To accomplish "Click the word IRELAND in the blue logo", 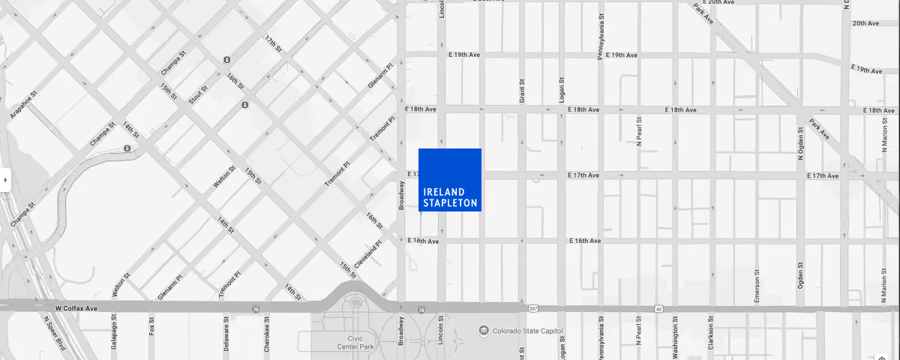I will click(x=444, y=192).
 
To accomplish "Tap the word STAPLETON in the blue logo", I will click(x=450, y=203).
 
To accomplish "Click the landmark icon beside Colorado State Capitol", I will click(x=484, y=331).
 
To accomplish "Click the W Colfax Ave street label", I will click(x=76, y=308).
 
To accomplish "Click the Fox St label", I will click(x=152, y=325).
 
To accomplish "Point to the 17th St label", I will click(x=273, y=43).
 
